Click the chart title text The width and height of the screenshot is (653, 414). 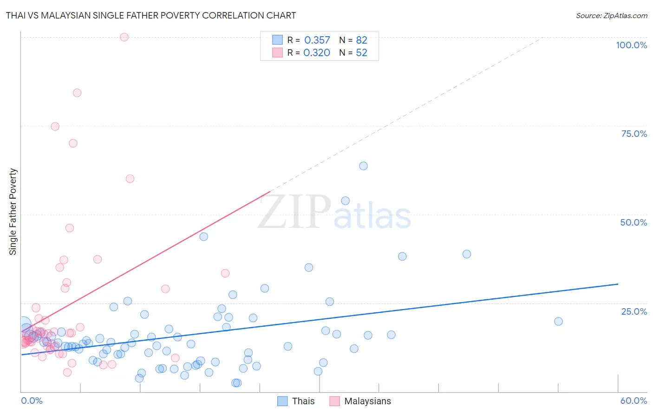(151, 15)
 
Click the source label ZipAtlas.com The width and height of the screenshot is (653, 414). (611, 15)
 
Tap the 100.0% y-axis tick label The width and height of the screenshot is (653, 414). (631, 45)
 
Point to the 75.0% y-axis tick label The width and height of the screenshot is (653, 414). (634, 134)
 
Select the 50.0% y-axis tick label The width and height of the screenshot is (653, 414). (633, 222)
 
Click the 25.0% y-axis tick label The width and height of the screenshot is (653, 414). (634, 311)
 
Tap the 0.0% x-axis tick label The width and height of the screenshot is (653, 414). (32, 401)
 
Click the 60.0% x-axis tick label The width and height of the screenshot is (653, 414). (633, 401)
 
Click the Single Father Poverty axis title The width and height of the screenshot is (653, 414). (13, 212)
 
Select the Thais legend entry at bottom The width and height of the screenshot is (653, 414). (296, 401)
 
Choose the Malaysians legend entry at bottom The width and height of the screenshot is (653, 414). (360, 401)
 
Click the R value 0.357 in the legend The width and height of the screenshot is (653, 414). (317, 40)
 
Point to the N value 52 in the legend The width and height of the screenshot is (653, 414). (361, 52)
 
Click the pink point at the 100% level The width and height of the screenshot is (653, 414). (124, 37)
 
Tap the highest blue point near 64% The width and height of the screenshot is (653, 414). (363, 166)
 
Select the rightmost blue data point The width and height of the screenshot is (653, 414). (558, 321)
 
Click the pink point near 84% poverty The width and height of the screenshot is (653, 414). (77, 93)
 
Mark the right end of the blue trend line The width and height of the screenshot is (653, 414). (618, 284)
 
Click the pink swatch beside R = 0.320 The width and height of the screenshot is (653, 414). (277, 52)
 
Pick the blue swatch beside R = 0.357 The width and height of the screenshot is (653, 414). (277, 40)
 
